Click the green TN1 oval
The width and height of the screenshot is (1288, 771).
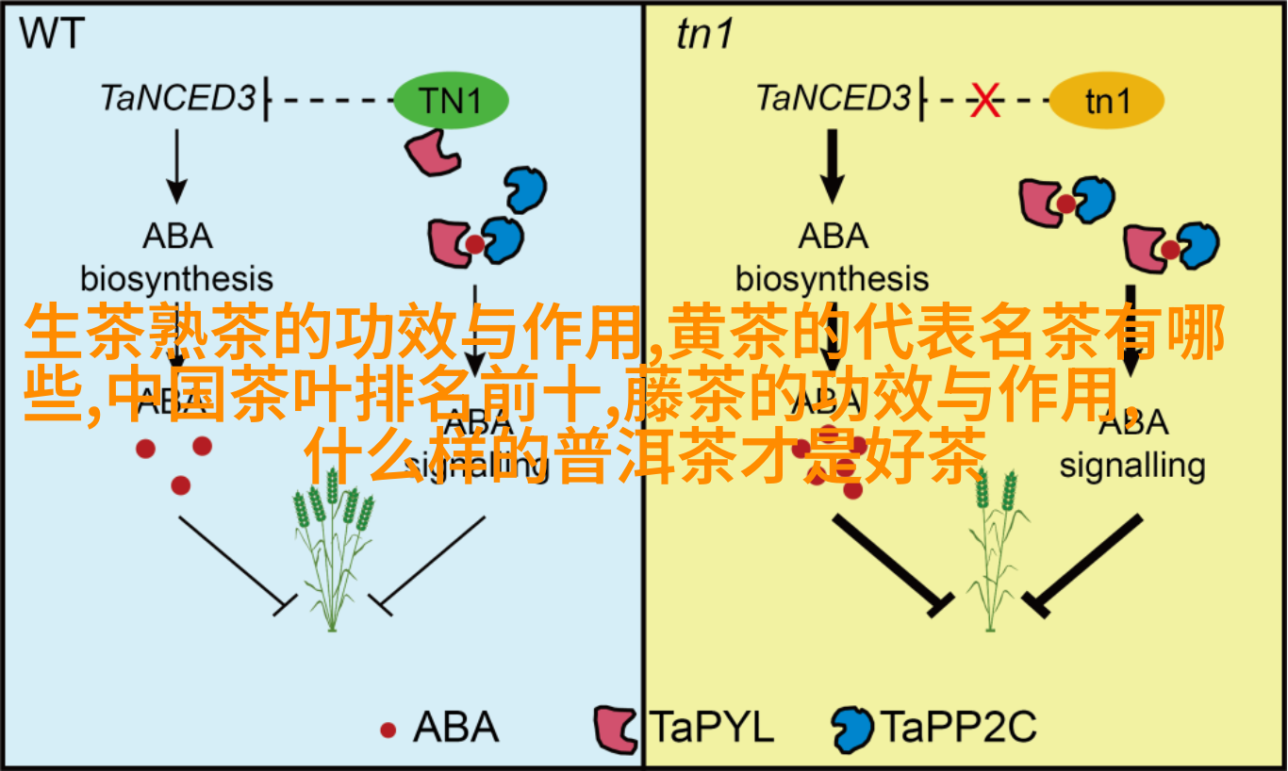[x=451, y=100]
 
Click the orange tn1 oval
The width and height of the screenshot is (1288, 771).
[x=1106, y=100]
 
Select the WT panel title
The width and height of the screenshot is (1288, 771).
[x=53, y=34]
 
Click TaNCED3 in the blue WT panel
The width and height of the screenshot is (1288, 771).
[x=178, y=98]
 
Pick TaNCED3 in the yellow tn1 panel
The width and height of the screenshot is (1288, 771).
[x=834, y=98]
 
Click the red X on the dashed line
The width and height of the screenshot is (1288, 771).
[x=986, y=100]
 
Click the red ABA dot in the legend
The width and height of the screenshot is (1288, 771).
[x=388, y=730]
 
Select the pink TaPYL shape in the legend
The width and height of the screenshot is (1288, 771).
[x=617, y=728]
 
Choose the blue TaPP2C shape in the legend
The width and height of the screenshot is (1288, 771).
[x=852, y=728]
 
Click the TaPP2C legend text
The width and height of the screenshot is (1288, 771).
[x=957, y=728]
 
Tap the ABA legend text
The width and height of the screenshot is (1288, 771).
[x=455, y=728]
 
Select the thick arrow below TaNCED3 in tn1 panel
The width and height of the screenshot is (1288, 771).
[x=832, y=165]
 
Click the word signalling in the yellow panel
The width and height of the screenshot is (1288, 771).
[x=1131, y=466]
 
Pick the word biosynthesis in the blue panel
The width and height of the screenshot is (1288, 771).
[x=176, y=278]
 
